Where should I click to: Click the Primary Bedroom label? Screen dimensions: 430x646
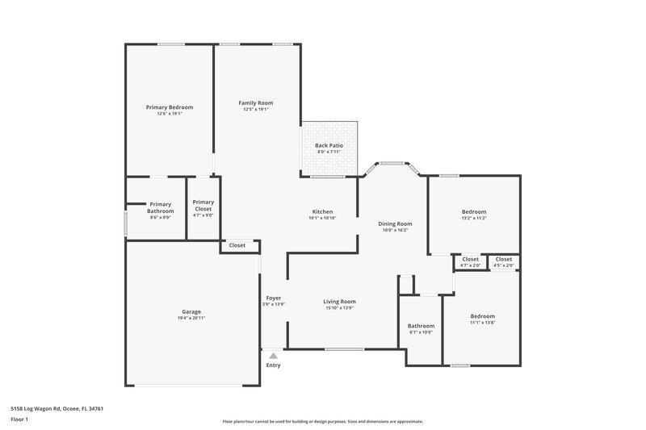coord(170,107)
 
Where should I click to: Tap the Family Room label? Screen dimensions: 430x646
coord(255,102)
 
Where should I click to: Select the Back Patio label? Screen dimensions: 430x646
coord(329,145)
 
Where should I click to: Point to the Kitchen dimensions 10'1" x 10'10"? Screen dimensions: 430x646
coord(322,219)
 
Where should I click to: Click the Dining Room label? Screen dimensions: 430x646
coord(396,223)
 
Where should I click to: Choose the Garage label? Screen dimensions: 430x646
coord(191,311)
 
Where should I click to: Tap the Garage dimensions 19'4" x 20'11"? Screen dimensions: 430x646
coord(191,318)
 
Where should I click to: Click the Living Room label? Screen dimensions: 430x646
coord(339,302)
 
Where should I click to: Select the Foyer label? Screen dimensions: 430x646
coord(274,298)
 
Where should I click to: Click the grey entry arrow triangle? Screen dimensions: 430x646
coord(274,355)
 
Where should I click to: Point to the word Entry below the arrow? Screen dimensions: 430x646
coord(274,365)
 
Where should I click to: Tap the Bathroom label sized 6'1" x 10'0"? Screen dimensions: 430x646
coord(421,326)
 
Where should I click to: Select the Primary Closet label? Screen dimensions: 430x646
coord(203,205)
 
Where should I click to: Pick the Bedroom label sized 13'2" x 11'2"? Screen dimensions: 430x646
coord(474,212)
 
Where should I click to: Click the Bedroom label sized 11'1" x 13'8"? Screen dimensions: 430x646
coord(483,316)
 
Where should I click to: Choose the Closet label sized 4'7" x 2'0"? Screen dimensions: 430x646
coord(471,259)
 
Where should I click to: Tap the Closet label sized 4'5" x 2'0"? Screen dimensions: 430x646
coord(504,259)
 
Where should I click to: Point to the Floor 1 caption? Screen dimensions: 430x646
coord(20,420)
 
